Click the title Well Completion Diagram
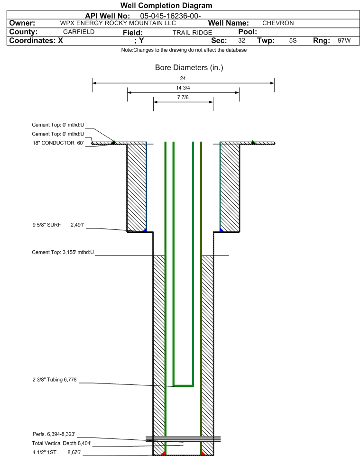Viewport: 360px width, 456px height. coord(166,6)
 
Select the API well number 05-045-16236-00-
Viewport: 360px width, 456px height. coord(171,16)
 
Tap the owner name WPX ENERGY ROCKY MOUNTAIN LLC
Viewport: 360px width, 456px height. coord(118,23)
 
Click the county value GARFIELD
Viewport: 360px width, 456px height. coord(79,32)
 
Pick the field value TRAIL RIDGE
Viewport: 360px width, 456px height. coord(192,32)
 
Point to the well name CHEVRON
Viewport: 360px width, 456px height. coord(278,23)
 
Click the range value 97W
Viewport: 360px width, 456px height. coord(344,40)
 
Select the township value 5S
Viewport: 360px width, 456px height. coord(293,40)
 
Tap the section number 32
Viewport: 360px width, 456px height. coord(241,40)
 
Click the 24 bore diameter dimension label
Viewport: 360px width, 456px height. coord(183,78)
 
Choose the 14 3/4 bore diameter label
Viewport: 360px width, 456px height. coord(183,88)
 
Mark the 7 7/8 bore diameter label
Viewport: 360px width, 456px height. coord(183,97)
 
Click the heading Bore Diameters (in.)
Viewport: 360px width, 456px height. coord(189,67)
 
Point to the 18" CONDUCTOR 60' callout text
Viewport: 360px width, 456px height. coord(58,143)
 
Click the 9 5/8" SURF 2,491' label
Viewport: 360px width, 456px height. coord(58,225)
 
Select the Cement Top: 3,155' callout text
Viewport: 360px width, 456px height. coord(63,252)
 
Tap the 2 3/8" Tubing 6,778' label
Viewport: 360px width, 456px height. coord(55,380)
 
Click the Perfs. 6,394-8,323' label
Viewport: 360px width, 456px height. coord(54,434)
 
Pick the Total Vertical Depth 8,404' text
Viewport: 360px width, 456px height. coord(62,443)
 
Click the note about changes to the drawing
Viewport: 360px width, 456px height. coord(184,50)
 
